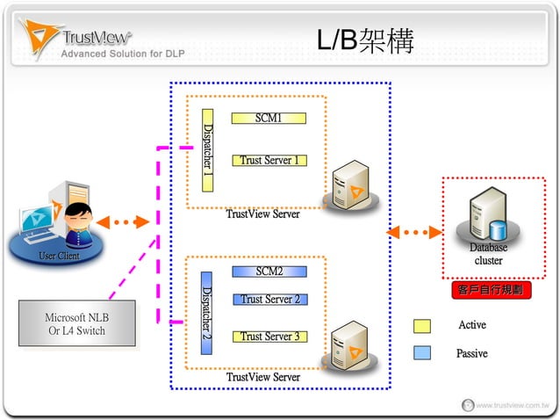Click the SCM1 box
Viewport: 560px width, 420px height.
coord(269,118)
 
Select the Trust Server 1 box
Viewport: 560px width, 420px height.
coord(269,160)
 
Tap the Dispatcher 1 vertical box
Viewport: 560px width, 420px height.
coord(208,150)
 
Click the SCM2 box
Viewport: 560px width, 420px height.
coord(269,271)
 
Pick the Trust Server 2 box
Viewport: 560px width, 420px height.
coord(269,299)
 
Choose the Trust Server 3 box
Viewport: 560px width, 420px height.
coord(269,336)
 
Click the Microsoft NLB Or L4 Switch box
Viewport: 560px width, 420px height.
coord(77,324)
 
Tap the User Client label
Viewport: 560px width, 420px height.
coord(58,256)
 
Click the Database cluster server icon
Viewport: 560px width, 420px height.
coord(488,215)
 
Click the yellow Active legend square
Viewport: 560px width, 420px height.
coord(422,326)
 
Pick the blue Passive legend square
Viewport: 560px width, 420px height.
coord(422,352)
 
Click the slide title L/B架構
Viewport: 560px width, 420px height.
coord(364,41)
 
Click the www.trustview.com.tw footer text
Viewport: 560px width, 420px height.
coord(512,406)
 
